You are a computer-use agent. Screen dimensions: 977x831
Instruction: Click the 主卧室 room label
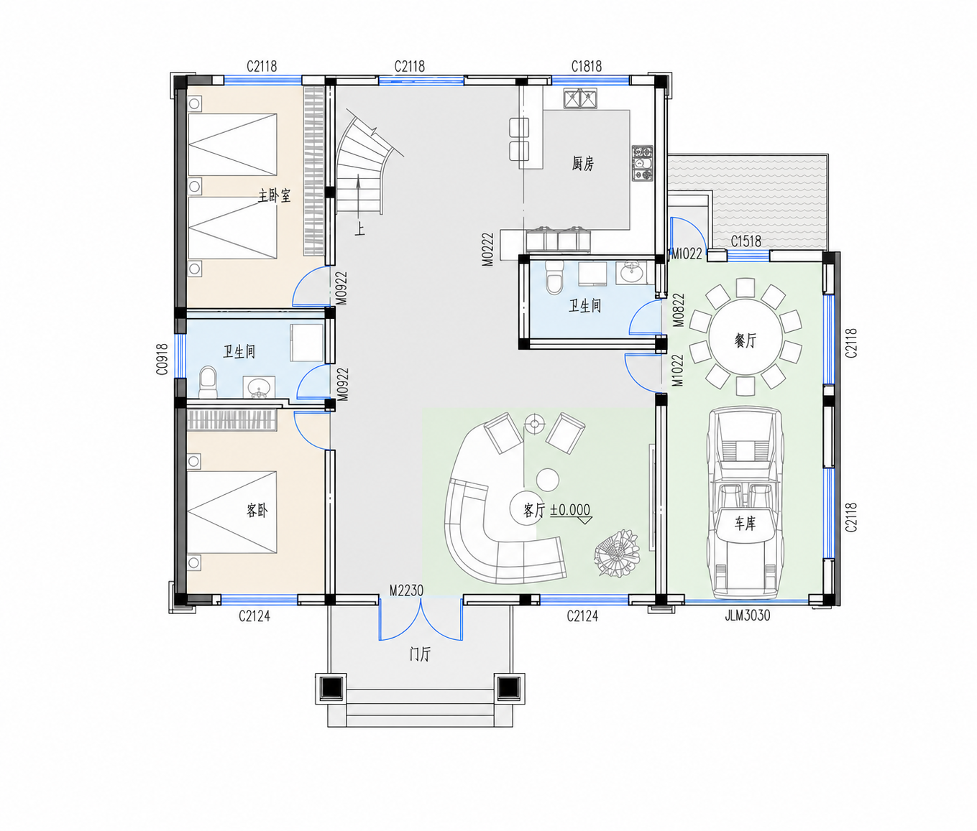(274, 195)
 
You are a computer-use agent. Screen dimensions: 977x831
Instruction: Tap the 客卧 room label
(257, 511)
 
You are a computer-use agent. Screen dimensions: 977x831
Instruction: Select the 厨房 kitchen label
(582, 164)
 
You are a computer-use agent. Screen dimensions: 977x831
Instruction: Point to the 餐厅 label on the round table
(746, 340)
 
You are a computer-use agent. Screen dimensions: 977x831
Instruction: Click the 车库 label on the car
(745, 524)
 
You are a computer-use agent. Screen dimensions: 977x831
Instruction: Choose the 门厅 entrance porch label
(420, 654)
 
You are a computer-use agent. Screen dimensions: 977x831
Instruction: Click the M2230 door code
(406, 590)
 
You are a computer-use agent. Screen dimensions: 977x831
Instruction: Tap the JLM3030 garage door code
(747, 616)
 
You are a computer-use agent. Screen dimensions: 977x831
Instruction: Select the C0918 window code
(162, 359)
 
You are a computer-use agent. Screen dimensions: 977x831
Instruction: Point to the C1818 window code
(587, 67)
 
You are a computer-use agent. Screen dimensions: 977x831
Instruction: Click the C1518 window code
(746, 241)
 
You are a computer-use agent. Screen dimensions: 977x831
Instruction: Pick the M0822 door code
(679, 310)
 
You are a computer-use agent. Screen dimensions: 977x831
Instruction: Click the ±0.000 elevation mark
(571, 509)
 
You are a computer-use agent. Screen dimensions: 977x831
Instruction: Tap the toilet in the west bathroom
(207, 382)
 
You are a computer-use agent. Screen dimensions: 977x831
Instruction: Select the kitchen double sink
(580, 98)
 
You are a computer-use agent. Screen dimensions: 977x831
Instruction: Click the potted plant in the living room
(616, 553)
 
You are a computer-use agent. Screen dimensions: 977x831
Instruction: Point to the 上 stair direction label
(359, 229)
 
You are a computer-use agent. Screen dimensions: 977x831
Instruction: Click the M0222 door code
(488, 249)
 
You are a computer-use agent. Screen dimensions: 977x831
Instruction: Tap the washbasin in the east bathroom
(631, 272)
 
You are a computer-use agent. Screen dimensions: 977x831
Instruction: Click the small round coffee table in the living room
(547, 478)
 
